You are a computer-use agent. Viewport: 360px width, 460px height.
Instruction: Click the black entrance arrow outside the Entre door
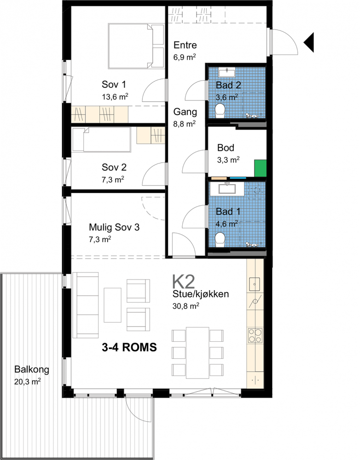pyautogui.click(x=310, y=42)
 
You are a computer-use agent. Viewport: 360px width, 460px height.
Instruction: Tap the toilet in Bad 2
pyautogui.click(x=220, y=111)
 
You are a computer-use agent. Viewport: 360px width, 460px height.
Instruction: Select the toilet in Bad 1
pyautogui.click(x=220, y=240)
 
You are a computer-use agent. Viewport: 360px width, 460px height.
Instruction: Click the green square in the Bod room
pyautogui.click(x=260, y=169)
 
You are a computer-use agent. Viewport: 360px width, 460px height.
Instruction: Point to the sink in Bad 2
pyautogui.click(x=227, y=72)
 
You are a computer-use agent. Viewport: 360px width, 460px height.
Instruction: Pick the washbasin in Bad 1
pyautogui.click(x=228, y=188)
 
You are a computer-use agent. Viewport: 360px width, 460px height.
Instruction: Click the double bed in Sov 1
pyautogui.click(x=136, y=47)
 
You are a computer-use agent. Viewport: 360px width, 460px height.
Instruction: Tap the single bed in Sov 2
pyautogui.click(x=102, y=140)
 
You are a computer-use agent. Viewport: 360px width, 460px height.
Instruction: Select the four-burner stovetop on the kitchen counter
pyautogui.click(x=255, y=336)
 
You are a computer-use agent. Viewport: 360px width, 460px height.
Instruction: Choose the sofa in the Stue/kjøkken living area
pyautogui.click(x=85, y=305)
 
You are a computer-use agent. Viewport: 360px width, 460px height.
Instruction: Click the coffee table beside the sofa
pyautogui.click(x=112, y=305)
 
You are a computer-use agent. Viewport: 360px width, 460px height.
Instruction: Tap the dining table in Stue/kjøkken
pyautogui.click(x=197, y=353)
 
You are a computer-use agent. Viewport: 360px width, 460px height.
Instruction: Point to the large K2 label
pyautogui.click(x=183, y=282)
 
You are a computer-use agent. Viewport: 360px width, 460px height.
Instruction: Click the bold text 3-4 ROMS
pyautogui.click(x=129, y=347)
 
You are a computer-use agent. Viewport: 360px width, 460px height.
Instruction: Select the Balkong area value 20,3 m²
pyautogui.click(x=27, y=382)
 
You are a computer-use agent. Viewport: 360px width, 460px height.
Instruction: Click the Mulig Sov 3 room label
pyautogui.click(x=114, y=227)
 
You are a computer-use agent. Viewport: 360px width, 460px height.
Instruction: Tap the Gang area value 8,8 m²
pyautogui.click(x=185, y=124)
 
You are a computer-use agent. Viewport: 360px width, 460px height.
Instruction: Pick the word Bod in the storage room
pyautogui.click(x=226, y=147)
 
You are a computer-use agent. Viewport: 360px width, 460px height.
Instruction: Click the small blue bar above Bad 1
pyautogui.click(x=238, y=178)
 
